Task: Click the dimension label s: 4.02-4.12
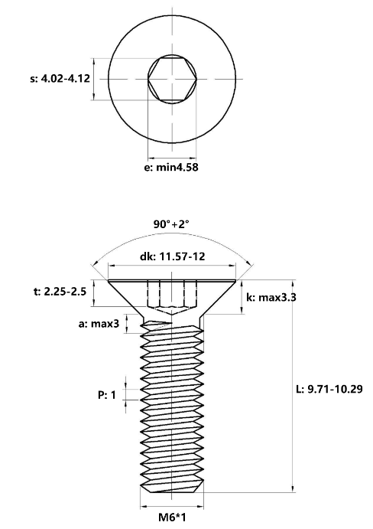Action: point(60,79)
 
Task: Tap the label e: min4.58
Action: point(171,167)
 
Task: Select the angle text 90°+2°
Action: point(171,224)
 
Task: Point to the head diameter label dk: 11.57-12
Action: point(172,256)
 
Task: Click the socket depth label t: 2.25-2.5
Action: point(60,291)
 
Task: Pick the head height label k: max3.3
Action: point(271,297)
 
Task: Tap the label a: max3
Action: point(99,324)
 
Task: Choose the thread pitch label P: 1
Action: point(107,394)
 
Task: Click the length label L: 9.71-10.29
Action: point(329,389)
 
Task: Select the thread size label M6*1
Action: point(172,517)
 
